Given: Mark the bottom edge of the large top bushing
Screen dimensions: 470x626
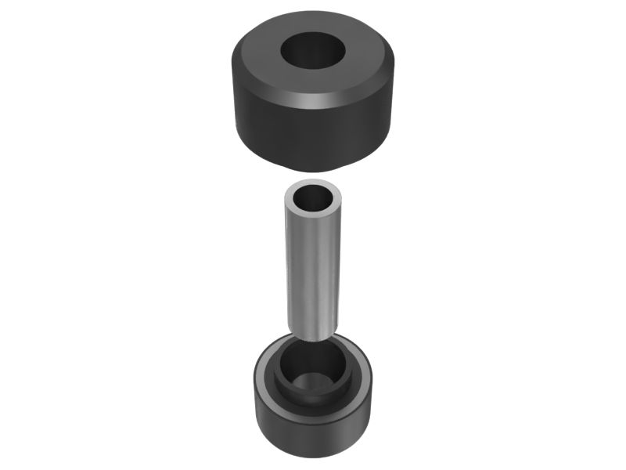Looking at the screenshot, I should pyautogui.click(x=313, y=170).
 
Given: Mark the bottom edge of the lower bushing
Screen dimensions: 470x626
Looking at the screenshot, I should pyautogui.click(x=313, y=455).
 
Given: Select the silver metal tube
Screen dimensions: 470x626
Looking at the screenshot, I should pyautogui.click(x=313, y=258).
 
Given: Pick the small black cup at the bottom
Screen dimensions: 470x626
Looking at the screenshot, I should pyautogui.click(x=313, y=415).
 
